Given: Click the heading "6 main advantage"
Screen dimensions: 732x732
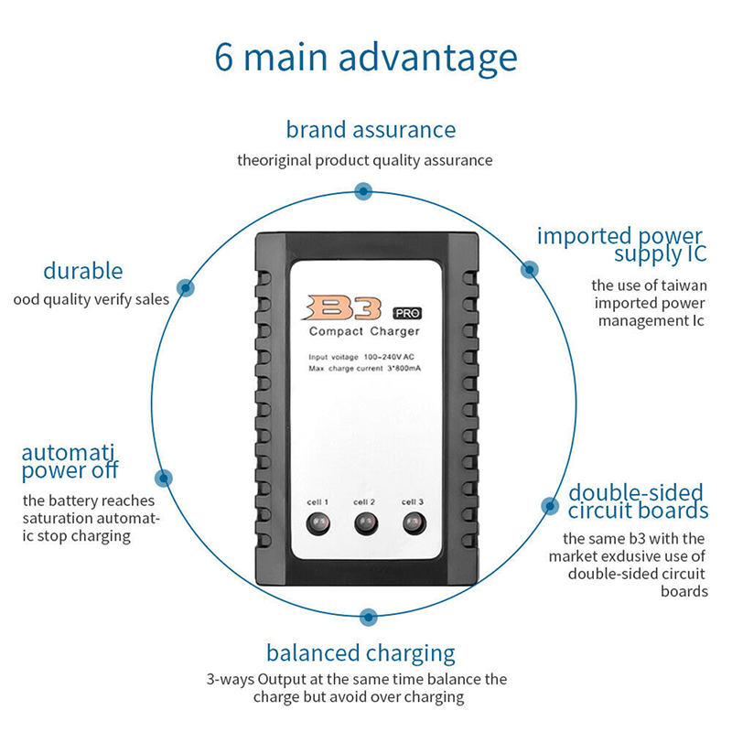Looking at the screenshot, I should tap(366, 57).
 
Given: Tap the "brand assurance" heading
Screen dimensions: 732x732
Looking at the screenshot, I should tap(371, 130).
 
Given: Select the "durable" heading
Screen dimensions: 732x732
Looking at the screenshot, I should tap(82, 271).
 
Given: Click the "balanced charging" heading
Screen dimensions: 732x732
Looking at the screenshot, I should tap(361, 652).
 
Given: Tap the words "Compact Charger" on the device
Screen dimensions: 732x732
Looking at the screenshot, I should tap(364, 330).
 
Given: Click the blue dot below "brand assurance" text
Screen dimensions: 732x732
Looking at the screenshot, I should tap(363, 191).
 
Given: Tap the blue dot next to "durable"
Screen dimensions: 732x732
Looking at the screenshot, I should tap(186, 286).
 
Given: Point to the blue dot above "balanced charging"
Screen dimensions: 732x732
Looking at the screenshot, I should tap(368, 617).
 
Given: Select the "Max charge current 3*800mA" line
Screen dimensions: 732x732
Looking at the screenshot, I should tap(365, 368).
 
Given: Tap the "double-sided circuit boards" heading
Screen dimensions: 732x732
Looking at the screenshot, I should tap(637, 501).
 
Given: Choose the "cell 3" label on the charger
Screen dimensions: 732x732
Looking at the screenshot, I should tap(413, 501).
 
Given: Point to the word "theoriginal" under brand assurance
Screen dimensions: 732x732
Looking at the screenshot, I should tap(274, 160).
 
